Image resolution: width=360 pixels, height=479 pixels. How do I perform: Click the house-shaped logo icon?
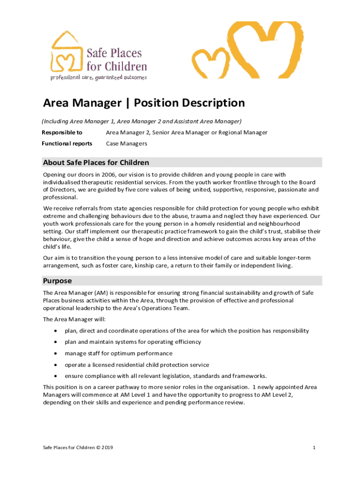pyautogui.click(x=67, y=53)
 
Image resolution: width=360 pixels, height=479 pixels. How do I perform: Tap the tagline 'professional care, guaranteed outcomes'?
pyautogui.click(x=99, y=78)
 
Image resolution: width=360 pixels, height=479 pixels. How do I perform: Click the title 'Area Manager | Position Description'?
pyautogui.click(x=144, y=103)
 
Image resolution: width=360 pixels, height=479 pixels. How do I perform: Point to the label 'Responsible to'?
pyautogui.click(x=63, y=132)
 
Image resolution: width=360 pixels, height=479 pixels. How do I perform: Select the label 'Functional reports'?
pyautogui.click(x=67, y=144)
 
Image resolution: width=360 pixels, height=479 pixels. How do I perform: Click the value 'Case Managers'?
pyautogui.click(x=126, y=144)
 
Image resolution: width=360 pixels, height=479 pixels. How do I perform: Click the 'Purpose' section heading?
pyautogui.click(x=57, y=281)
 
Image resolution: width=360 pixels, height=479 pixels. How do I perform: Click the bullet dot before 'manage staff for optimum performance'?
pyautogui.click(x=56, y=353)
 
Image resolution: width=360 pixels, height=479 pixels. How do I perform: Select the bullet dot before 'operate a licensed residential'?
pyautogui.click(x=56, y=365)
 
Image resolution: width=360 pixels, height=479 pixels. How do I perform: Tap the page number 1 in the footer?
pyautogui.click(x=315, y=448)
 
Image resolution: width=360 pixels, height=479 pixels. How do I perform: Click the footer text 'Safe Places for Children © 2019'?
pyautogui.click(x=78, y=448)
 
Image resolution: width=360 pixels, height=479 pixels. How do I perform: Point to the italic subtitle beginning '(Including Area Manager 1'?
pyautogui.click(x=142, y=121)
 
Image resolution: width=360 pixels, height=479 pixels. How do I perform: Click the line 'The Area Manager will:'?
pyautogui.click(x=74, y=319)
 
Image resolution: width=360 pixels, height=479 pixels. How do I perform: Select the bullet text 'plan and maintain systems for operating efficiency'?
pyautogui.click(x=133, y=342)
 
